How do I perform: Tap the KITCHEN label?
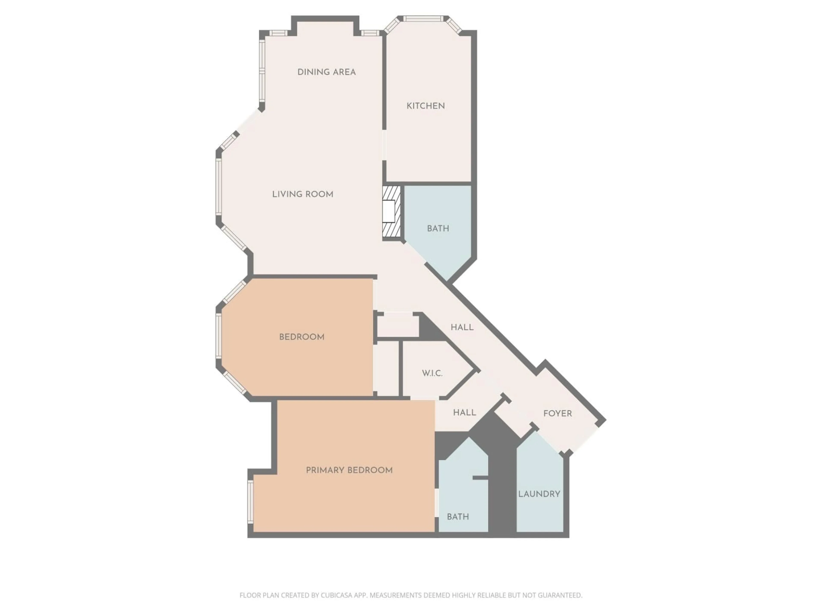pyautogui.click(x=426, y=106)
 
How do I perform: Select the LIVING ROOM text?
pyautogui.click(x=302, y=194)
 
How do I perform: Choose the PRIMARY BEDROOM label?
pyautogui.click(x=349, y=470)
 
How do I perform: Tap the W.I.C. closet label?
pyautogui.click(x=432, y=373)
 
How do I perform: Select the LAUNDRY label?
pyautogui.click(x=539, y=494)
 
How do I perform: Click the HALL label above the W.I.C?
pyautogui.click(x=462, y=327)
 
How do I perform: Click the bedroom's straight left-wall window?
pyautogui.click(x=219, y=336)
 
